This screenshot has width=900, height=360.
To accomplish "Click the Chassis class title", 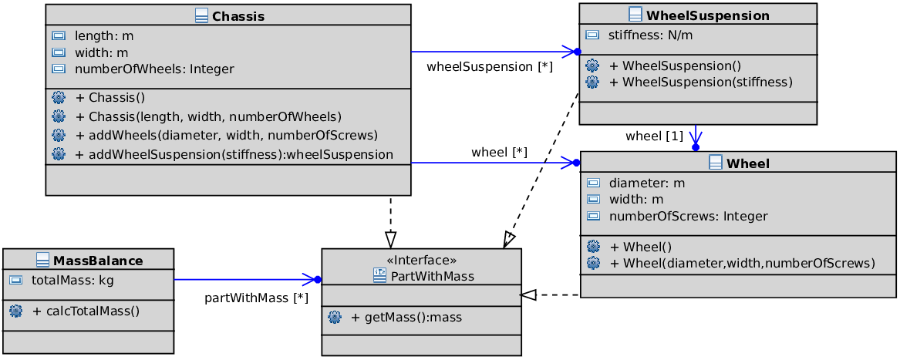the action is coord(238,16).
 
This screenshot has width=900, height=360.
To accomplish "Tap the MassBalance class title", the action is coord(98,261).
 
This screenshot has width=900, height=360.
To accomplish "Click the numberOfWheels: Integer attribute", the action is coord(154,69).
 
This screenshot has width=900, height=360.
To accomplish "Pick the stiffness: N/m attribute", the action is coord(650,35).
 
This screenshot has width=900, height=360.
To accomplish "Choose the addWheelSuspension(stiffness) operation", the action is coord(234,154).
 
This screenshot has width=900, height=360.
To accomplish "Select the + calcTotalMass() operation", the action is coord(86,311).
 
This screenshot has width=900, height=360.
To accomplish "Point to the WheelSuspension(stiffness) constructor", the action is coord(701,82).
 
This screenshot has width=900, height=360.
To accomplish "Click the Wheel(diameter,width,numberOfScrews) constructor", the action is coord(742,264).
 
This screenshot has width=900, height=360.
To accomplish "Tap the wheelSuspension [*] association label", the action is coord(490,67).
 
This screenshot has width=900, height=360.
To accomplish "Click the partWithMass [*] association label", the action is coord(257,298).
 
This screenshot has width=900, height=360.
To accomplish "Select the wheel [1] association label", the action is coord(654,136).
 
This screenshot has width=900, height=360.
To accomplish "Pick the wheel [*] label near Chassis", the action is coord(500,153).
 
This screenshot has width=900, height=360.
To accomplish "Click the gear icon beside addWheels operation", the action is coord(59,135).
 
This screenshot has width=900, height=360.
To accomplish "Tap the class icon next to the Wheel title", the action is coord(716,163).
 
